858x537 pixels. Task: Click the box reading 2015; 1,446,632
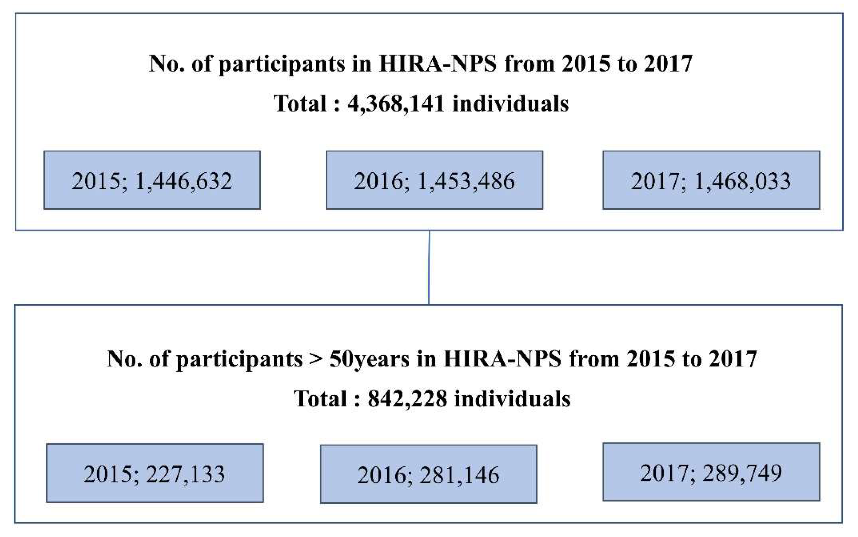tap(152, 180)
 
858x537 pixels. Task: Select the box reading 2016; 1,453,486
tap(434, 180)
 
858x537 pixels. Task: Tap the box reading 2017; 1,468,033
tap(711, 180)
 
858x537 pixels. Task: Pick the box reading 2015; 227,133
tap(155, 473)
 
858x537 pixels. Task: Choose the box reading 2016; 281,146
tap(428, 474)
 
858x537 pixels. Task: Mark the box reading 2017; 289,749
tap(711, 472)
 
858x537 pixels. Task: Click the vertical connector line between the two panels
tap(429, 267)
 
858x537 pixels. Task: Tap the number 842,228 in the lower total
tap(407, 399)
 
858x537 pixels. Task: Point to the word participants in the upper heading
tap(282, 65)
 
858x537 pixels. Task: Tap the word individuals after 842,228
tap(512, 398)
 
